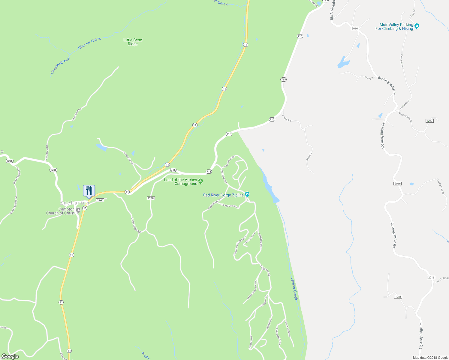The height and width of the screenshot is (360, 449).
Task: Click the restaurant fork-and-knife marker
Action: click(89, 190)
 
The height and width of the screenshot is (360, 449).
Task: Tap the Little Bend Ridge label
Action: click(133, 42)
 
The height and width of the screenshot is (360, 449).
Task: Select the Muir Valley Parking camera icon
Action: click(417, 26)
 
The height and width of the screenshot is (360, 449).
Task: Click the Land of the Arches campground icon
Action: click(201, 181)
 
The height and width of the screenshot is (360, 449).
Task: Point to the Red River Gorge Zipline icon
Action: click(247, 194)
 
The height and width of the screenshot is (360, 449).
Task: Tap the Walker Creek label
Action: click(294, 289)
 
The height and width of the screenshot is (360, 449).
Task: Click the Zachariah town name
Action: click(75, 203)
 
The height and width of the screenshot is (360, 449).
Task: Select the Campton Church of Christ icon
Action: click(78, 210)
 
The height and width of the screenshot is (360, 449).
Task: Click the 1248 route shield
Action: click(100, 200)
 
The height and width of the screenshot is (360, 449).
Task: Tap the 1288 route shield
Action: click(151, 198)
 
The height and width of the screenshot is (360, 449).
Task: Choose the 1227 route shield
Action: click(429, 121)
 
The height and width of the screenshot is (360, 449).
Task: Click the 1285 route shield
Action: click(398, 297)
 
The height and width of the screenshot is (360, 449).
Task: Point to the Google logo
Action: click(10, 356)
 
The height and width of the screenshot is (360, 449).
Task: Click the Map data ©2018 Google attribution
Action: click(430, 358)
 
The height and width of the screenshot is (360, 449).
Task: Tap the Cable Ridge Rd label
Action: click(136, 225)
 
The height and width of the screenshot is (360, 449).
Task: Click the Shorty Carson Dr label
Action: click(230, 206)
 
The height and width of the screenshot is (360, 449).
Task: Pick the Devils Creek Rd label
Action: click(405, 117)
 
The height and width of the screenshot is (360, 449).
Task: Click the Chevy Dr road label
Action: click(369, 78)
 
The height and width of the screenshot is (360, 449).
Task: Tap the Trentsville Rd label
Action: click(128, 157)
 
